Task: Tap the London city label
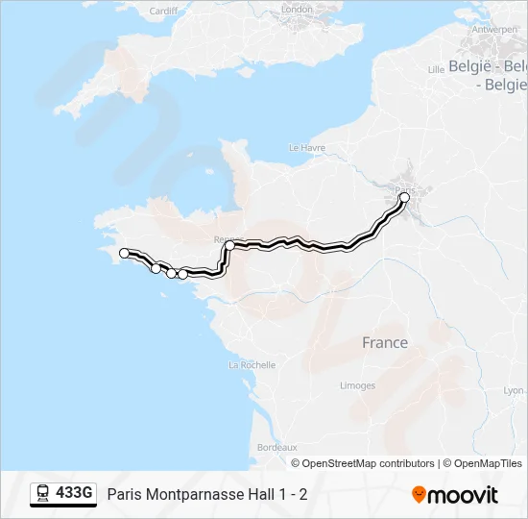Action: pyautogui.click(x=298, y=10)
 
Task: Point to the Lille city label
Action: pyautogui.click(x=436, y=69)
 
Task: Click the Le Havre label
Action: pyautogui.click(x=308, y=148)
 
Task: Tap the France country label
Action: pyautogui.click(x=384, y=342)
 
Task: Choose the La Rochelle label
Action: pyautogui.click(x=252, y=365)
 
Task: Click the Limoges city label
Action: pyautogui.click(x=357, y=385)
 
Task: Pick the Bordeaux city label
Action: pyautogui.click(x=276, y=448)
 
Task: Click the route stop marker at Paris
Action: pyautogui.click(x=404, y=197)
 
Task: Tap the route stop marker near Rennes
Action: pyautogui.click(x=230, y=246)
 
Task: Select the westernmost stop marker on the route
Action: pyautogui.click(x=124, y=253)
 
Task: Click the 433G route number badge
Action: pyautogui.click(x=74, y=494)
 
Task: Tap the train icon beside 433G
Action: pyautogui.click(x=43, y=494)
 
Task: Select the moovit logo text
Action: pyautogui.click(x=463, y=495)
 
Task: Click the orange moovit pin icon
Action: pyautogui.click(x=419, y=495)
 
